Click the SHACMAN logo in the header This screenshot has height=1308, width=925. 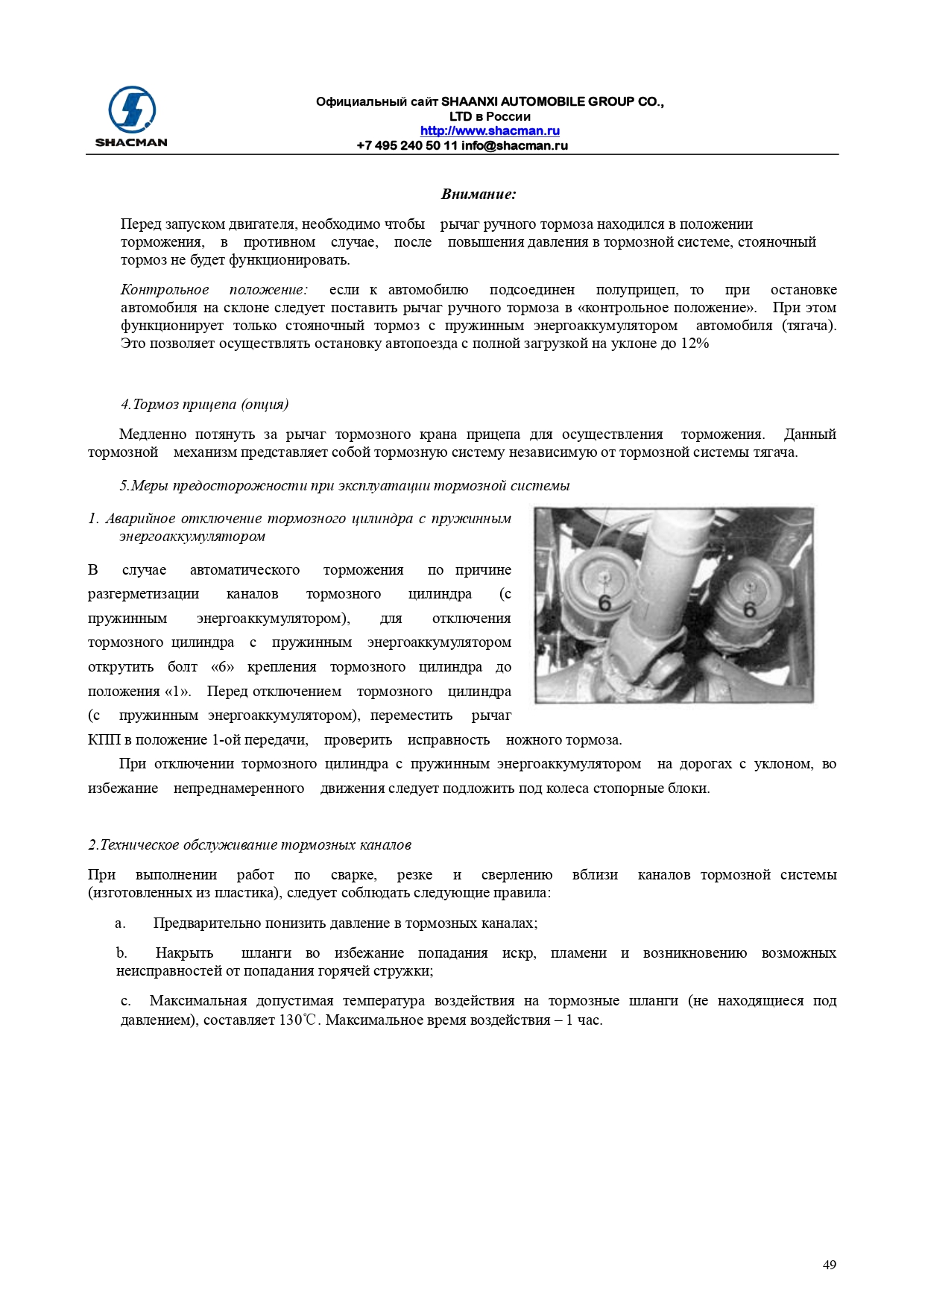(131, 116)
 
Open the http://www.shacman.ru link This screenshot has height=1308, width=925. (490, 131)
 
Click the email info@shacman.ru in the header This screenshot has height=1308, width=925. (514, 145)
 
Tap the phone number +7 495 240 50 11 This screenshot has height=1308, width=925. (407, 145)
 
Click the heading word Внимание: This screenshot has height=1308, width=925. (478, 195)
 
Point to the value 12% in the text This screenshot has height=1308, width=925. (695, 344)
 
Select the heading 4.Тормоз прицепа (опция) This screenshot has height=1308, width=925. (204, 405)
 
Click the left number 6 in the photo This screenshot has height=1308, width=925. (604, 602)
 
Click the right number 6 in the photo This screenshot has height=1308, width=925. (749, 610)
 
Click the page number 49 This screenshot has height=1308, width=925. (829, 1265)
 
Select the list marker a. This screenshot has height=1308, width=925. (120, 923)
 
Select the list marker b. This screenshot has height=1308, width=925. (121, 953)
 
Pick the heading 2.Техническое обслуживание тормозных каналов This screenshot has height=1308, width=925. (250, 845)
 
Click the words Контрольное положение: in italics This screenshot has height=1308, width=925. (214, 290)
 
